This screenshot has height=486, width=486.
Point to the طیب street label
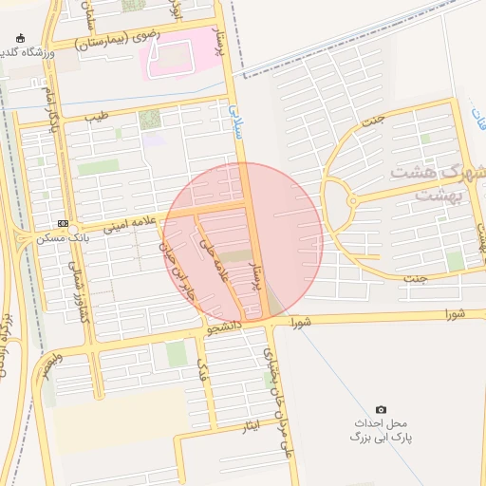coord(97,117)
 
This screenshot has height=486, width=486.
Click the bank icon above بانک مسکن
coord(63,223)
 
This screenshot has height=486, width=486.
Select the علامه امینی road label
coord(119,228)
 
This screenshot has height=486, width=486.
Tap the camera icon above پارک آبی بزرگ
coord(381,409)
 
